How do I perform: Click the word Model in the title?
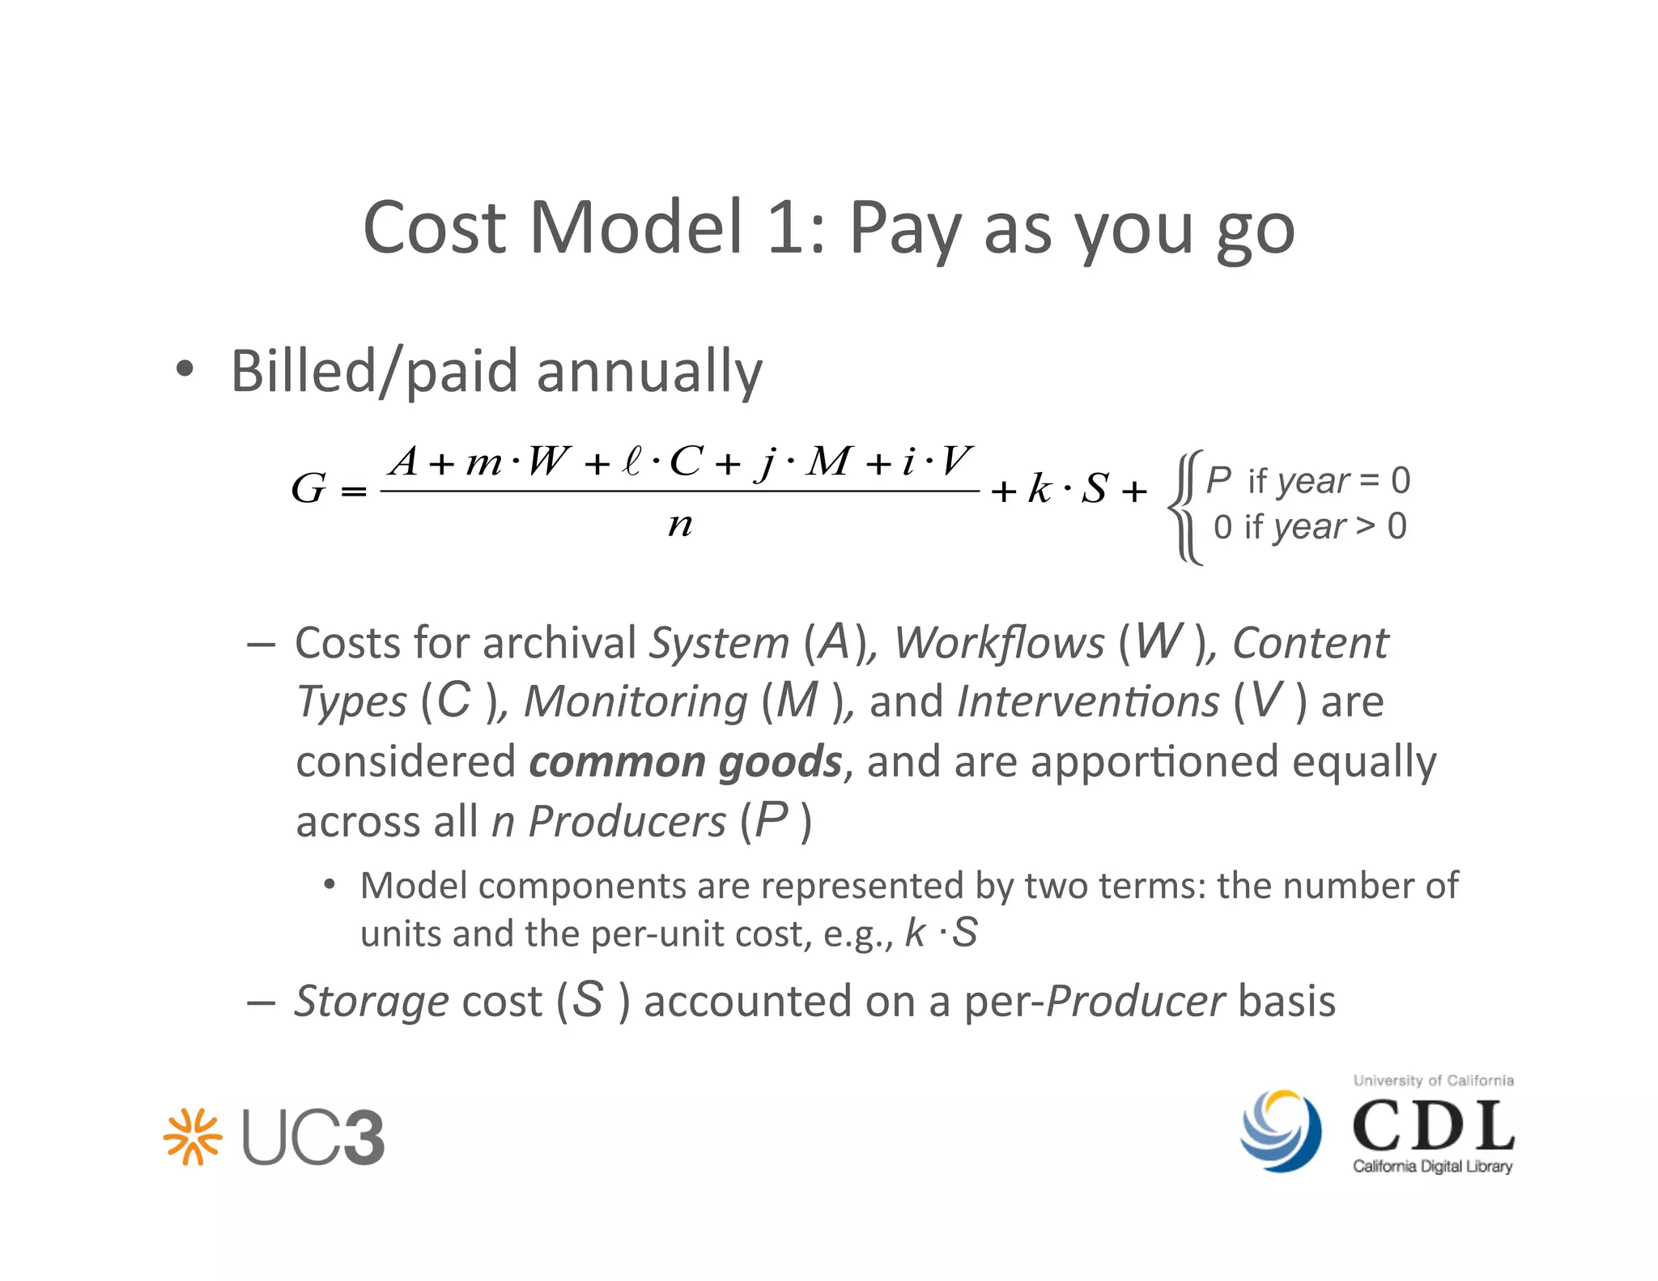pos(636,228)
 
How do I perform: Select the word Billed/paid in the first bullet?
pos(373,372)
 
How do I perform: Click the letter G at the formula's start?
pos(308,488)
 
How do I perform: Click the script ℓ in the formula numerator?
pos(631,462)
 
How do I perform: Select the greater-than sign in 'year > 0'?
pos(1365,526)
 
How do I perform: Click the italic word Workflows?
pos(999,644)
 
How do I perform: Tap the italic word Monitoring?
pos(636,701)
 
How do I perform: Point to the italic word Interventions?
pos(1087,701)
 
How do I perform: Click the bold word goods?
pos(780,762)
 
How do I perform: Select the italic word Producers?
pos(627,822)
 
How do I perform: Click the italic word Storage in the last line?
pos(372,1001)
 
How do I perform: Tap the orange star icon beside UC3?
pos(192,1137)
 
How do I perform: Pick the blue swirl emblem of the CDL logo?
pos(1281,1130)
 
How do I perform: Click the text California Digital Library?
pos(1432,1167)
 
